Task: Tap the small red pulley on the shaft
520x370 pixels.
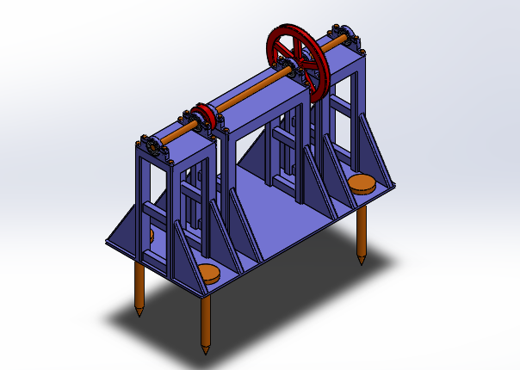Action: click(x=205, y=115)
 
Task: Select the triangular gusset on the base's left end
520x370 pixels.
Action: click(x=125, y=229)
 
